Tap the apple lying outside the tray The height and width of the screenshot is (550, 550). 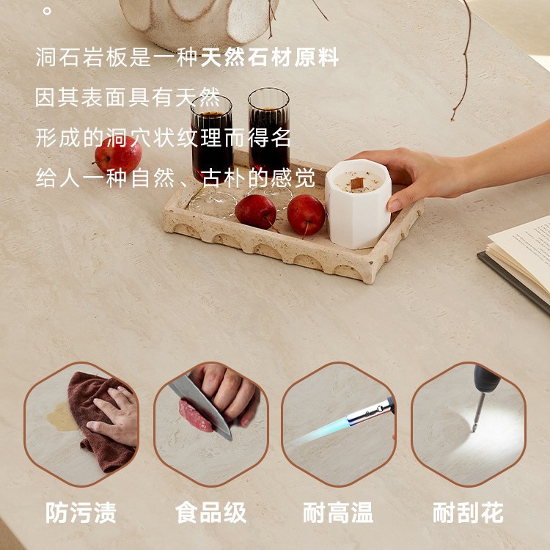click(118, 155)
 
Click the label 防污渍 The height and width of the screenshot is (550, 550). click(81, 513)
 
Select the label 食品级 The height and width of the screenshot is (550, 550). click(210, 513)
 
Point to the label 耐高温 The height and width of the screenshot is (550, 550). click(338, 513)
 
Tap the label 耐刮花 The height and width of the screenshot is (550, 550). click(468, 513)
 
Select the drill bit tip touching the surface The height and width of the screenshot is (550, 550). click(474, 429)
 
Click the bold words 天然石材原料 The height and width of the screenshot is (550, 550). click(270, 58)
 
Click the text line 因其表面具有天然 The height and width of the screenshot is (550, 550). click(128, 98)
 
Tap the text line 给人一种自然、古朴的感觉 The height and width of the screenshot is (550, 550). click(175, 178)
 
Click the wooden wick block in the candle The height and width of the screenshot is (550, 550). click(357, 182)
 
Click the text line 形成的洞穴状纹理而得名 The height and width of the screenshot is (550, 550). click(164, 138)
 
